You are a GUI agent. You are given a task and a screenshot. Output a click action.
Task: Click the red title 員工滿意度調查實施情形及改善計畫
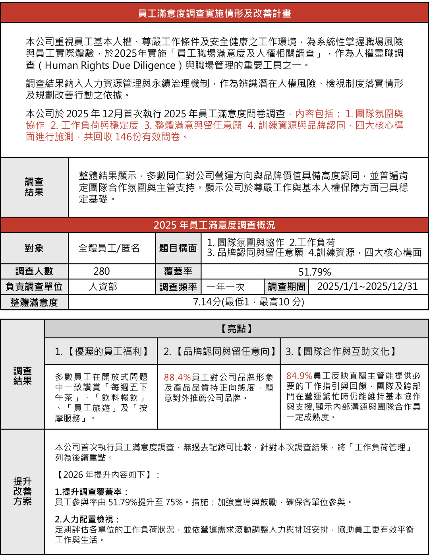(x=214, y=14)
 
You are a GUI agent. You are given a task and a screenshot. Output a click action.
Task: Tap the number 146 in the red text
(x=123, y=137)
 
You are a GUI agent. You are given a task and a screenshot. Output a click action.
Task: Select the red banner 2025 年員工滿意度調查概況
(x=214, y=225)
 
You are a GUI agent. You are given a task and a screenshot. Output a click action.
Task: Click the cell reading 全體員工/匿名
(x=109, y=248)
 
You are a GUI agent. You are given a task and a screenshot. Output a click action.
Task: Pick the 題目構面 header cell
(x=178, y=248)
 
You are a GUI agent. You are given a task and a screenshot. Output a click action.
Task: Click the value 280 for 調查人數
(x=102, y=272)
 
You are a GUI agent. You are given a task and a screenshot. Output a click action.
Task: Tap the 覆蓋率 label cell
(x=178, y=272)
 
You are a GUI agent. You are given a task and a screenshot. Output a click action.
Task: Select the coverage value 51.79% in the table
(x=315, y=272)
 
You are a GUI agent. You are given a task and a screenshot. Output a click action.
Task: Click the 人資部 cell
(x=103, y=287)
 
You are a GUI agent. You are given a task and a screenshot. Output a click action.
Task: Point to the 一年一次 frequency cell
(x=226, y=287)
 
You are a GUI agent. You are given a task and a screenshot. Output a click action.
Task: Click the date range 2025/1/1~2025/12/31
(x=367, y=287)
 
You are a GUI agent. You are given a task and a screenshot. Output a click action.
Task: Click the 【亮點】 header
(x=236, y=329)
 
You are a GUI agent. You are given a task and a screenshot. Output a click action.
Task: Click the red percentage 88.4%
(x=177, y=377)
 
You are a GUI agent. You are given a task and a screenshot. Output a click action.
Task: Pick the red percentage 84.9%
(x=299, y=376)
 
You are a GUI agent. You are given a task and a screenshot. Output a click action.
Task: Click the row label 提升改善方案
(x=22, y=491)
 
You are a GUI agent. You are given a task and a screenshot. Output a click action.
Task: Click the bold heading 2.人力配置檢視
(x=87, y=519)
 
